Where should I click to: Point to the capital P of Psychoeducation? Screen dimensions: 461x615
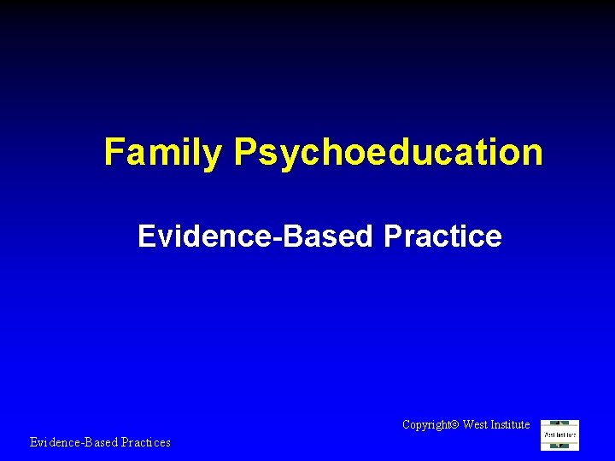245,152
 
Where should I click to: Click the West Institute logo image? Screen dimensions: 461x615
560,435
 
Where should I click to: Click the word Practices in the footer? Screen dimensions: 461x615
144,442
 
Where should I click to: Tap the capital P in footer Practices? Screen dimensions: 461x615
122,442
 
